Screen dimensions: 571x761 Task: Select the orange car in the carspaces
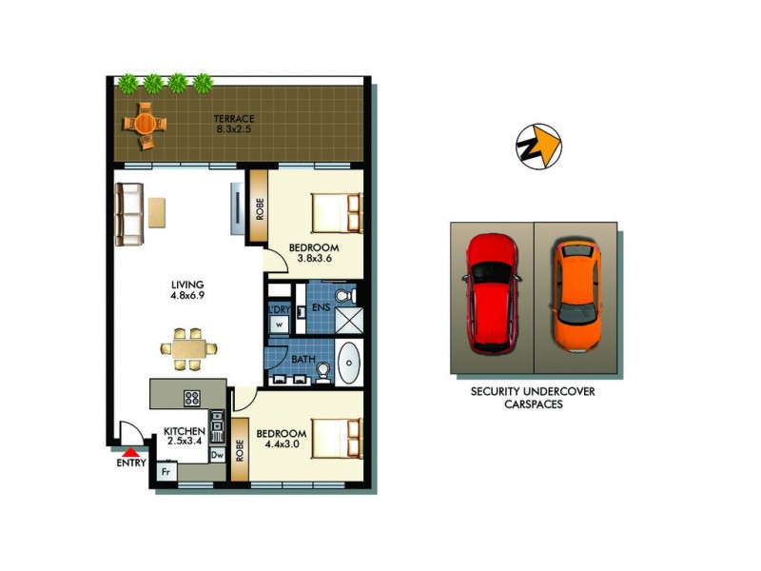(576, 295)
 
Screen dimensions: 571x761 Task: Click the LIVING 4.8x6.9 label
(187, 290)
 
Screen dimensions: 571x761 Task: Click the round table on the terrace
(145, 123)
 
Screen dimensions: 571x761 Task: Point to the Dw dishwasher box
(217, 455)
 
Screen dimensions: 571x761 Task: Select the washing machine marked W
(280, 325)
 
